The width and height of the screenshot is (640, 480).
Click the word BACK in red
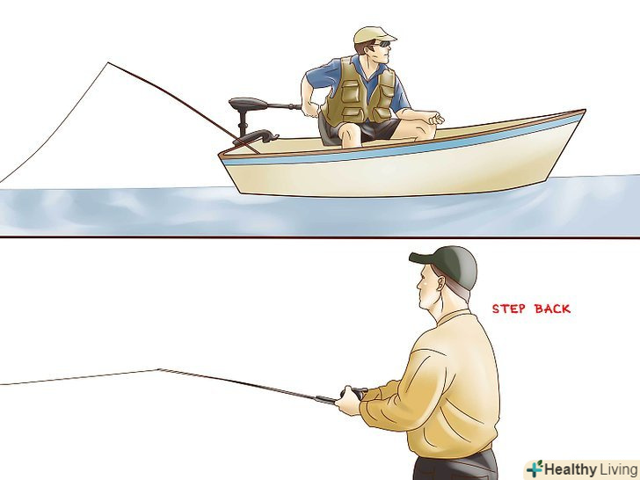coord(552,309)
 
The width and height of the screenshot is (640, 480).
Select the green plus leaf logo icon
coord(535,469)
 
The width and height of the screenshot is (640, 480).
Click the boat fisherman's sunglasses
coord(383,43)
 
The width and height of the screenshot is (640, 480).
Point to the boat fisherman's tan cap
coord(373,34)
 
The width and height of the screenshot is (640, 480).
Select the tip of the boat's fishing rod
coord(108,63)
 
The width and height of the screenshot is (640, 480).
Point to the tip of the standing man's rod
coord(158,369)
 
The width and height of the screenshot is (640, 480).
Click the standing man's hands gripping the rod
coord(349,400)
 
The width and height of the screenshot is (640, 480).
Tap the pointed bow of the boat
coord(585,110)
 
